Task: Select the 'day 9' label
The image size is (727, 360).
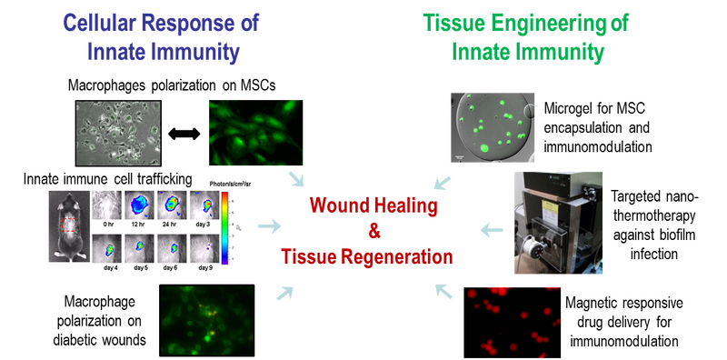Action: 205,269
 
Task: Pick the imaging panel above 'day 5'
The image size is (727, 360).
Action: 141,248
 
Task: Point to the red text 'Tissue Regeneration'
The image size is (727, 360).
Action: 367,255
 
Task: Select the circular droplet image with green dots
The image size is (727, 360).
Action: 492,128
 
